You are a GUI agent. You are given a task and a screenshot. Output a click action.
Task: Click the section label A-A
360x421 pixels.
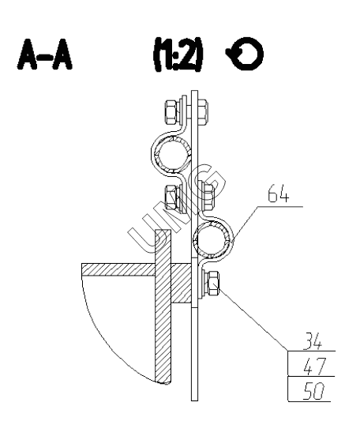tap(45, 55)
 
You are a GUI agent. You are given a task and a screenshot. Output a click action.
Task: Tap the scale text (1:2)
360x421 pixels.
tap(178, 55)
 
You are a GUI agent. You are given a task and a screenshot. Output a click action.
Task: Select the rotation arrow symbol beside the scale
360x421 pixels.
tap(245, 54)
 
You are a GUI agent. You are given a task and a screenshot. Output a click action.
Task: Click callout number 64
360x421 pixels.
tap(279, 194)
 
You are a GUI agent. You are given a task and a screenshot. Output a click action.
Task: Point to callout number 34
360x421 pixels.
tap(312, 341)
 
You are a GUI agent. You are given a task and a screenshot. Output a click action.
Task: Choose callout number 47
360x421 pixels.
tap(315, 366)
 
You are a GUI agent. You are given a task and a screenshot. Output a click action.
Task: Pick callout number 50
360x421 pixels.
tap(314, 391)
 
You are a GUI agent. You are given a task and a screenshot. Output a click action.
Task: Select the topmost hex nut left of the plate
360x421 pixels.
tap(171, 111)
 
